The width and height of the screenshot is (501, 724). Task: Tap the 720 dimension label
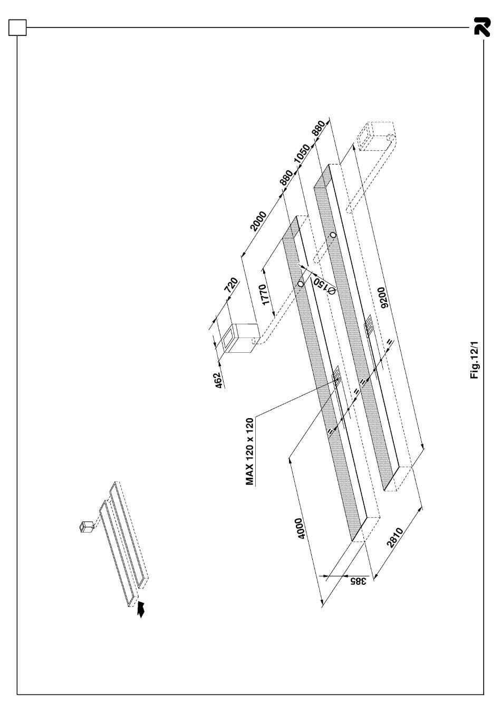click(231, 286)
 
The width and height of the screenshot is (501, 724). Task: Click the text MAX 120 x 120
click(250, 451)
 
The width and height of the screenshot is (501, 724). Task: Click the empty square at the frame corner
click(17, 27)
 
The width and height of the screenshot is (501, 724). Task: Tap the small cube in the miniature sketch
click(84, 526)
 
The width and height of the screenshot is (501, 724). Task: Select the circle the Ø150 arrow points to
click(301, 284)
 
